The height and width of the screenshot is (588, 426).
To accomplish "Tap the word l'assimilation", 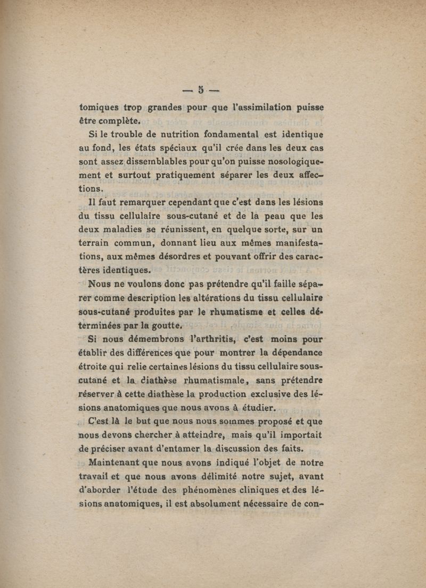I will pos(255,106).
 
